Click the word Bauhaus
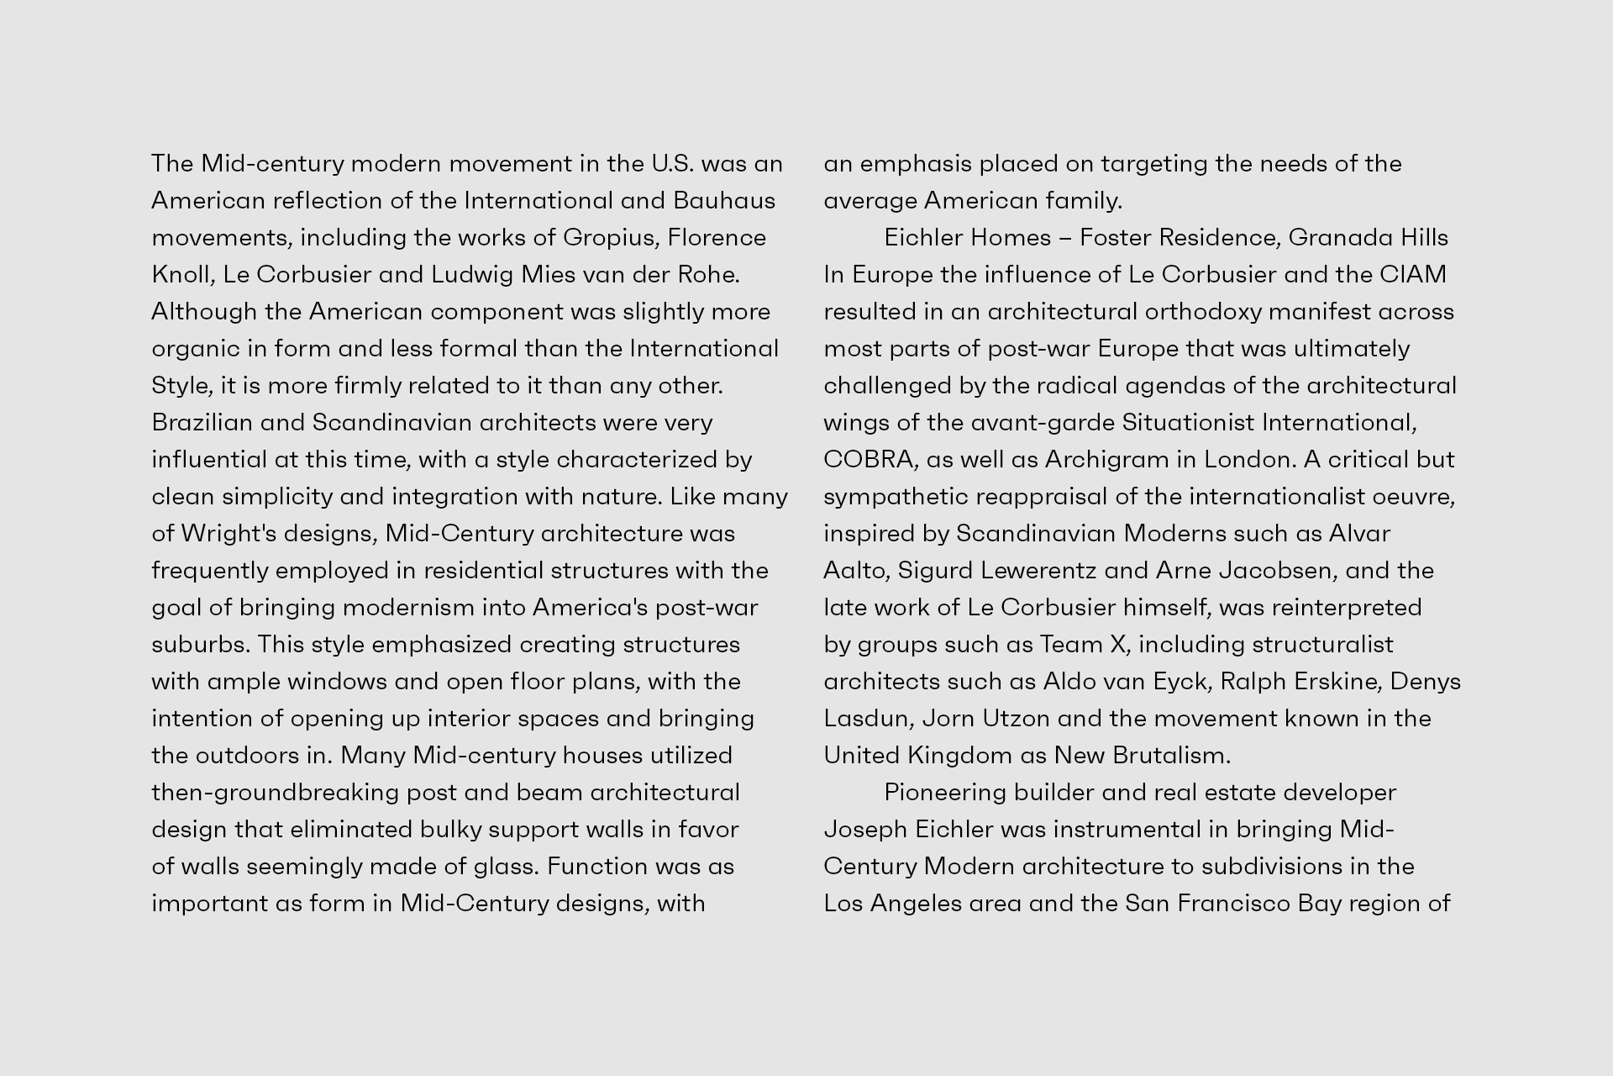pyautogui.click(x=724, y=201)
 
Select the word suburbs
pyautogui.click(x=200, y=645)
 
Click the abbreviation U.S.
pyautogui.click(x=673, y=164)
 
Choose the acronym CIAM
pyautogui.click(x=1413, y=275)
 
